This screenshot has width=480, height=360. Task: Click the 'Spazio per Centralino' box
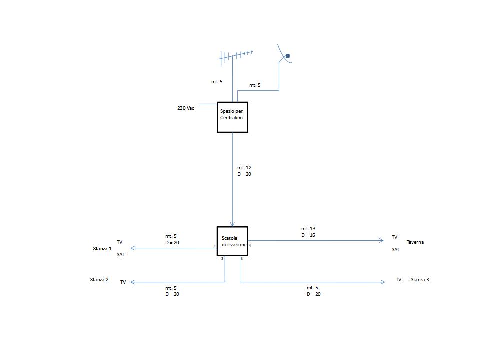[x=232, y=117]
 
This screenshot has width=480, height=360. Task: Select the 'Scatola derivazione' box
[x=232, y=241]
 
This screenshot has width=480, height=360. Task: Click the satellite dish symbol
[x=284, y=55]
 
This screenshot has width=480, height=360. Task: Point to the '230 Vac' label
[x=186, y=108]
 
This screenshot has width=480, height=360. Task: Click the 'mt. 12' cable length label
[x=244, y=167]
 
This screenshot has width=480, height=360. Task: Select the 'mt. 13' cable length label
[x=308, y=229]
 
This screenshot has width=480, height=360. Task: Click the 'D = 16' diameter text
[x=308, y=235]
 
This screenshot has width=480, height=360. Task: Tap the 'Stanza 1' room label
[x=102, y=248]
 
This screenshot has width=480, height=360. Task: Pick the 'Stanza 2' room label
[x=99, y=280]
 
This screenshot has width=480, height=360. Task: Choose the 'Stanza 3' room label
[x=420, y=280]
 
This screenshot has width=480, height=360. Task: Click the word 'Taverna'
[x=415, y=242]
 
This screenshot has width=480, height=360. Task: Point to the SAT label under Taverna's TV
[x=395, y=249]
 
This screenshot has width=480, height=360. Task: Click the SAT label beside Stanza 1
[x=120, y=255]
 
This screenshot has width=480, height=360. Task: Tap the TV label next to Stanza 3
[x=398, y=280]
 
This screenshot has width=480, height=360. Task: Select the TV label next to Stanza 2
[x=123, y=282]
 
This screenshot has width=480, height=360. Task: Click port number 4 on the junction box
[x=250, y=246]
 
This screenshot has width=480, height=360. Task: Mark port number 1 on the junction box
[x=214, y=246]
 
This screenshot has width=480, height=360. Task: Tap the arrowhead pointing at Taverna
[x=381, y=241]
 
